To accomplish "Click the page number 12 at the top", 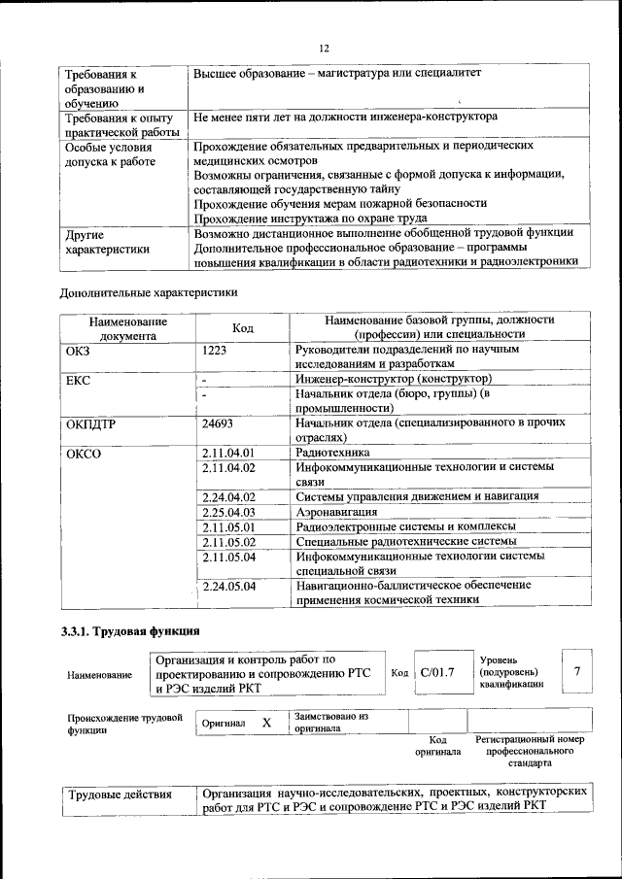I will tap(325, 49).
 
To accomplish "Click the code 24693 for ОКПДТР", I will tap(221, 423).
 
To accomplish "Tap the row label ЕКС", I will tap(78, 380).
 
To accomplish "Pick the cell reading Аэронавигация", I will tap(336, 511).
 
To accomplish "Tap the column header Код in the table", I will tap(243, 328).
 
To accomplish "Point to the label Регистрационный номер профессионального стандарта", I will tap(530, 751).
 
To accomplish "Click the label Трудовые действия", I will tap(121, 794).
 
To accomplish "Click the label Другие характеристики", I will tap(107, 241).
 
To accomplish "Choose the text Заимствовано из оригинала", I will tap(331, 722).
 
